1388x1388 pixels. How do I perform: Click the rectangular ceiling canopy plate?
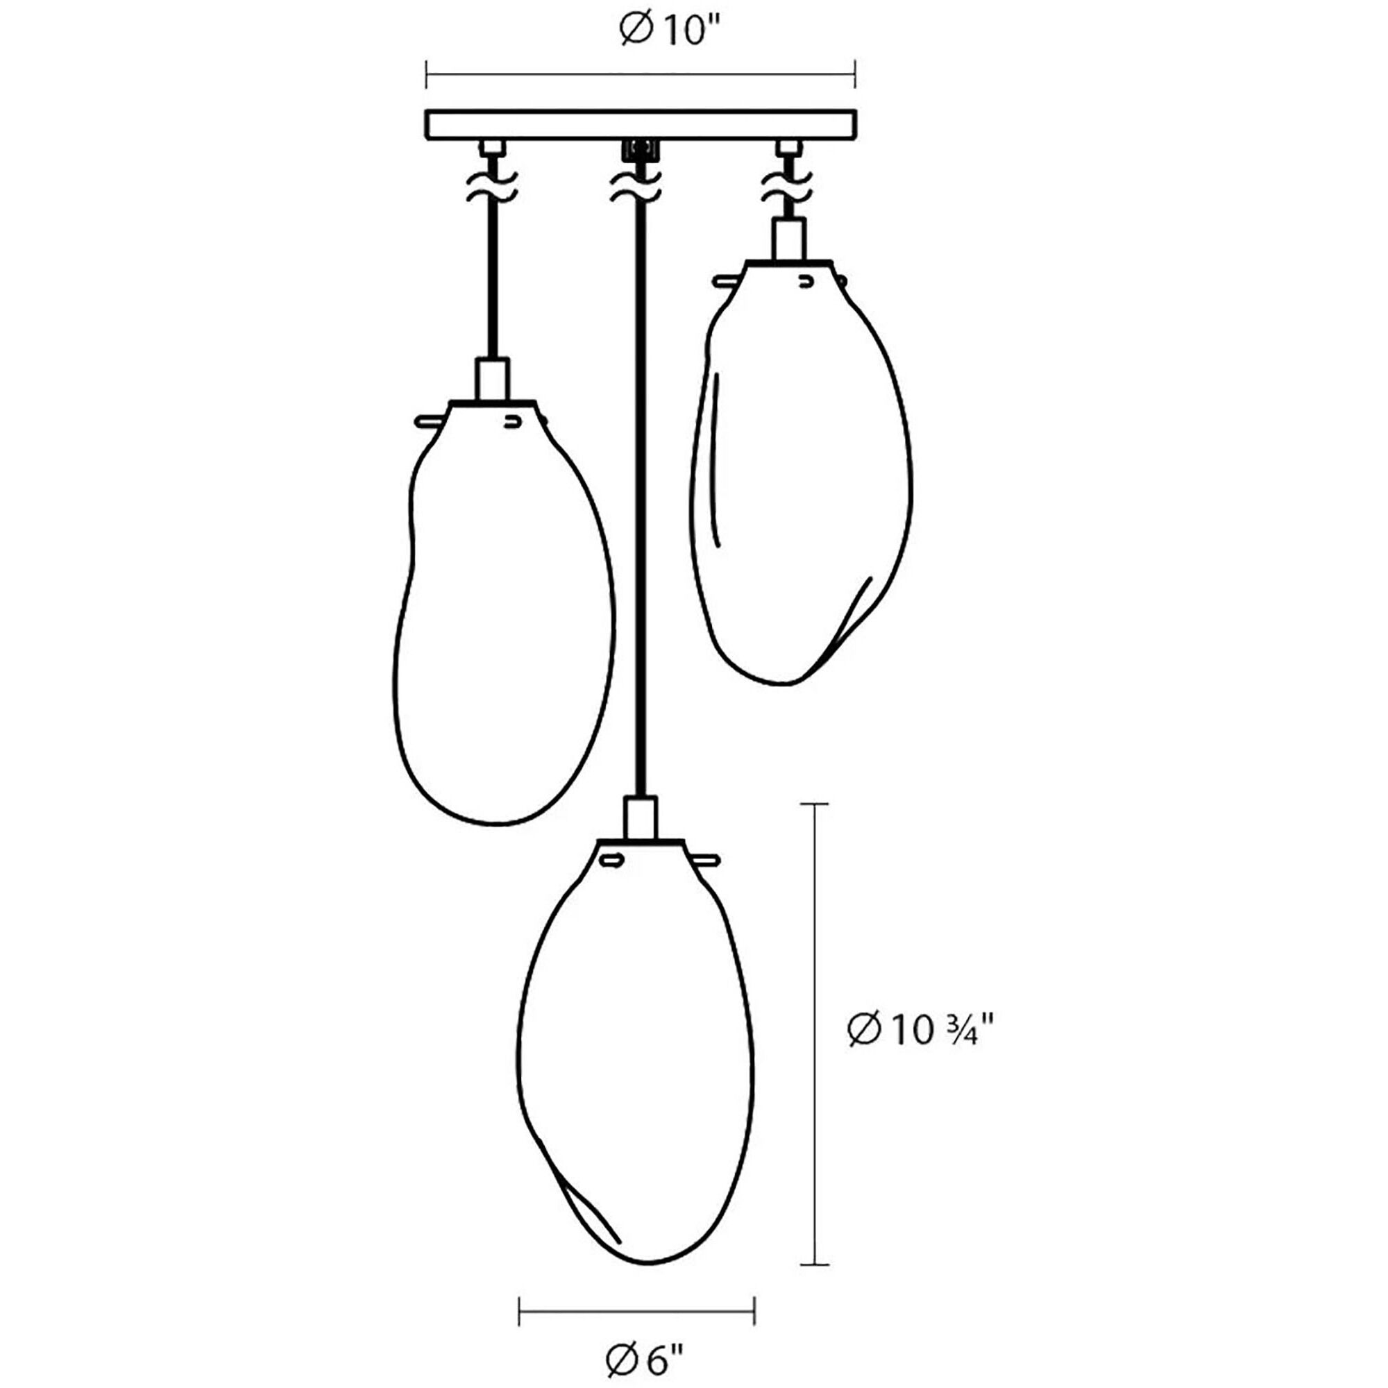pyautogui.click(x=641, y=125)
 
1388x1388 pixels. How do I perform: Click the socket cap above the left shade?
pyautogui.click(x=492, y=379)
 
